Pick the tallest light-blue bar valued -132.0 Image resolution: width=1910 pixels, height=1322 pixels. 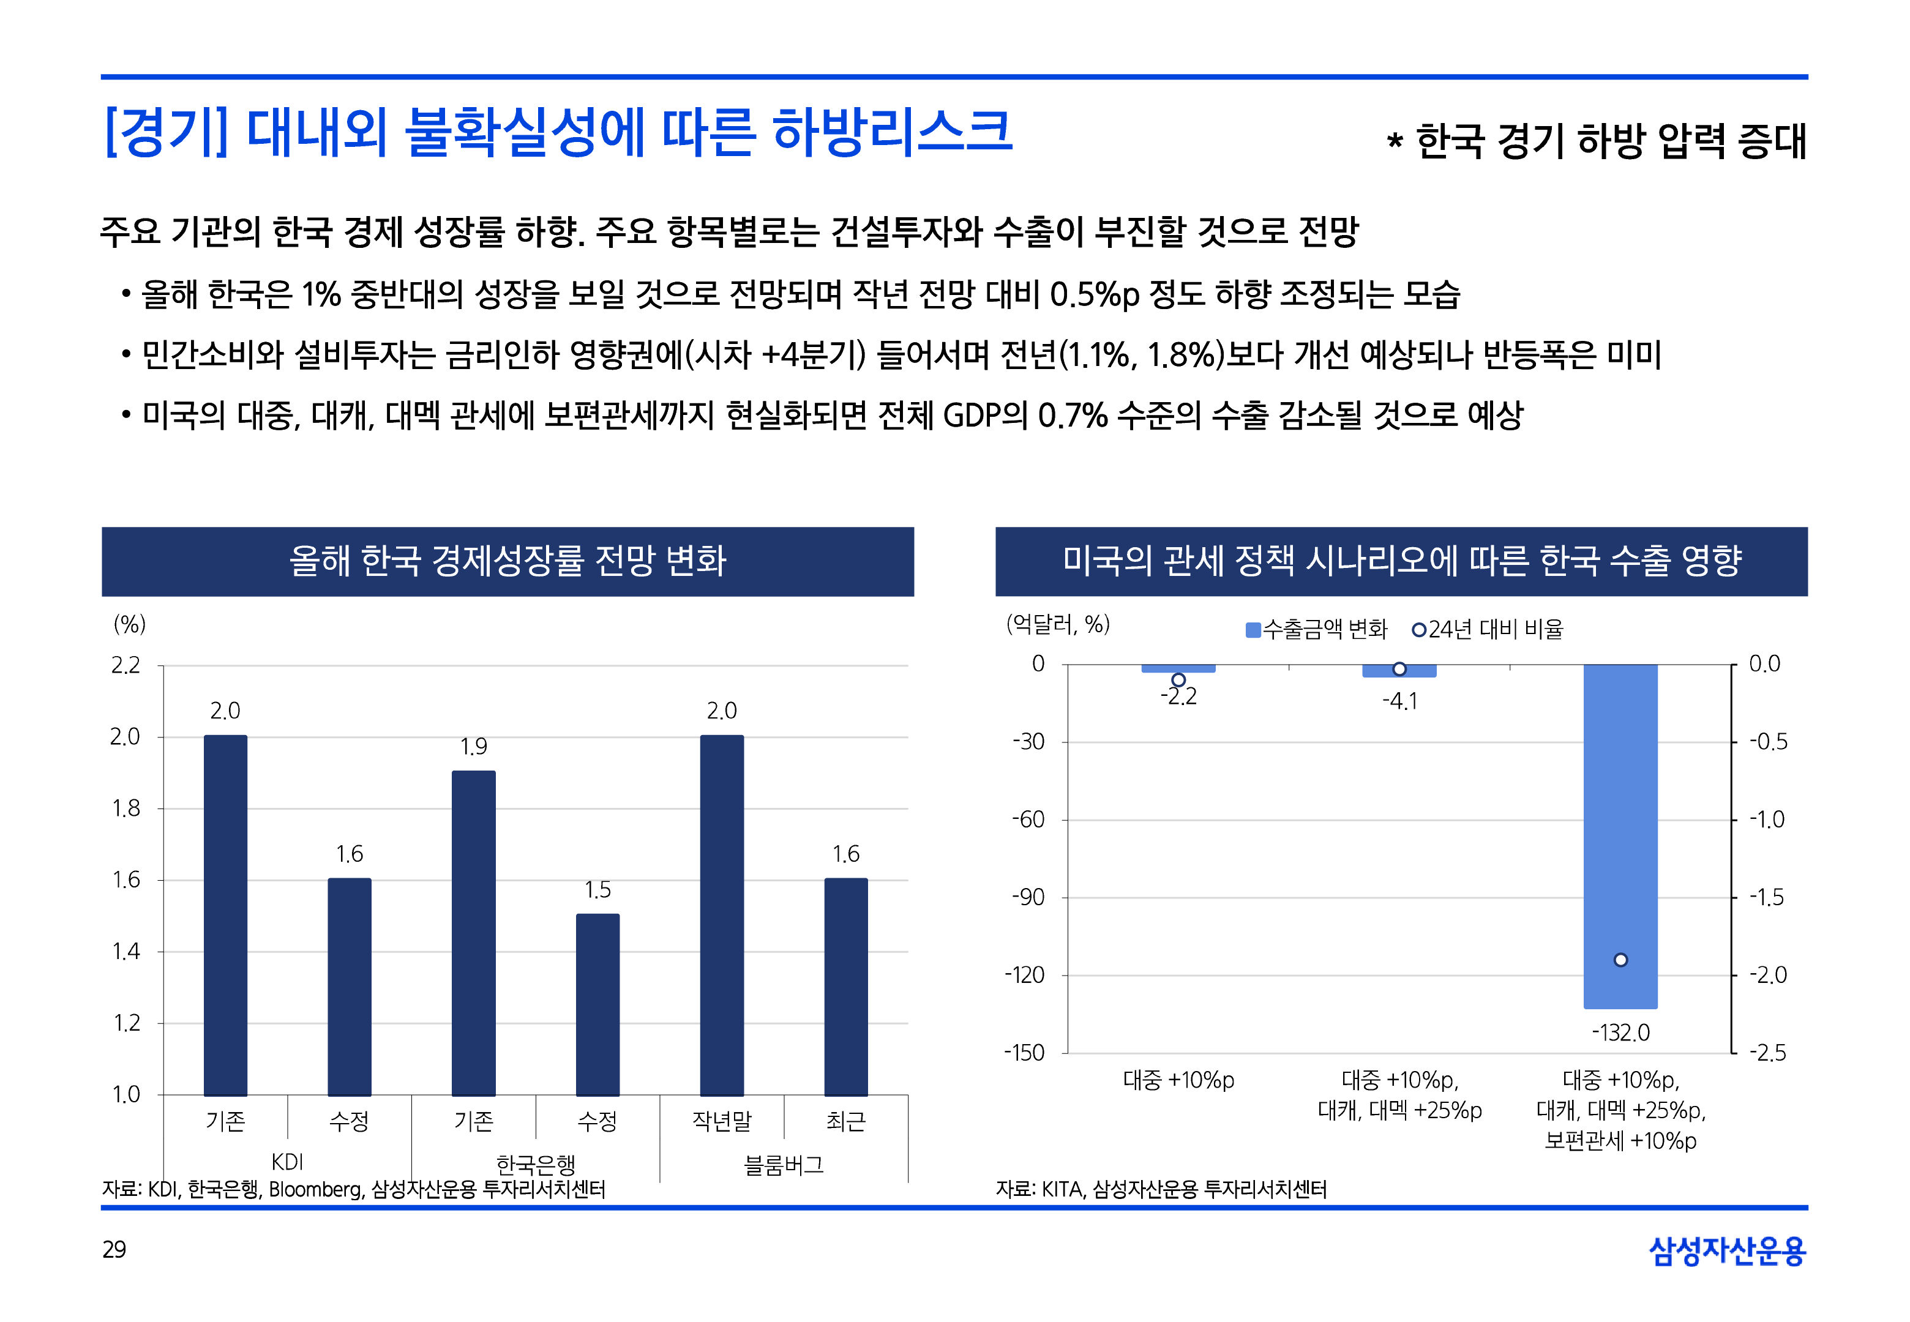[1619, 837]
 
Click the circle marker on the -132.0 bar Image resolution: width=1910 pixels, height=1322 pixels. [1620, 960]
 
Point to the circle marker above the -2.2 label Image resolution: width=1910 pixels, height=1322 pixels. [1178, 680]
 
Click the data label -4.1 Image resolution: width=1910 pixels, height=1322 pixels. [1400, 701]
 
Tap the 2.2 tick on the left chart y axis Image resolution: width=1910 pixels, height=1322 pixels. [126, 665]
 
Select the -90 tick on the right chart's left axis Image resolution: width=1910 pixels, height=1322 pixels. [1028, 897]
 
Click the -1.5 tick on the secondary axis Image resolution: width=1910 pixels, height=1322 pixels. [1767, 897]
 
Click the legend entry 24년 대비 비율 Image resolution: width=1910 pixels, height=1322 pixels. [1488, 630]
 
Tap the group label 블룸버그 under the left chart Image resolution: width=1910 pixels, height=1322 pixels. [784, 1165]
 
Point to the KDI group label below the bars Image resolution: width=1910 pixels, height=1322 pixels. [286, 1162]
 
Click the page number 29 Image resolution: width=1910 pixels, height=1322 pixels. [114, 1249]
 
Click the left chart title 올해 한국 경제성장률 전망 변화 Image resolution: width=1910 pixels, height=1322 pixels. [507, 561]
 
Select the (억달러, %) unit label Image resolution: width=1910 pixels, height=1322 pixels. [1058, 624]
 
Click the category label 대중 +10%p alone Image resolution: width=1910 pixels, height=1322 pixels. [1178, 1080]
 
